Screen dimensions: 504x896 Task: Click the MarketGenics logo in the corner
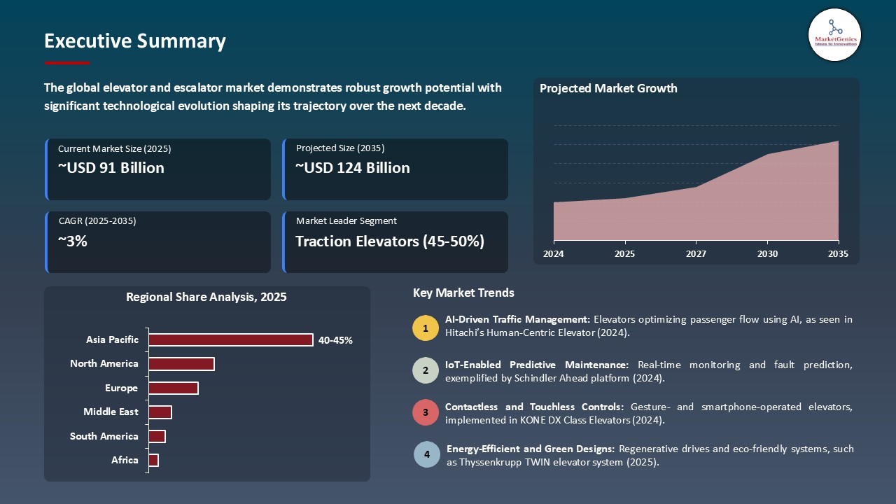coord(834,34)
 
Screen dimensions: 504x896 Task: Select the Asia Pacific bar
coord(231,339)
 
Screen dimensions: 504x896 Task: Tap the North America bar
coord(181,364)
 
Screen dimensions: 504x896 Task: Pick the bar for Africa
coord(154,460)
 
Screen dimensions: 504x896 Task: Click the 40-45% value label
coord(335,340)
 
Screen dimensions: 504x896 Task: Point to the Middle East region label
coord(111,412)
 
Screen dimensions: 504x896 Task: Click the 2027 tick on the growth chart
coord(696,254)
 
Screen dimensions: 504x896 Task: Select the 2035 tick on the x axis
coord(838,254)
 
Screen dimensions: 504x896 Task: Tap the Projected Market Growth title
coord(608,88)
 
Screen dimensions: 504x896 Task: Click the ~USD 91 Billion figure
coord(111,168)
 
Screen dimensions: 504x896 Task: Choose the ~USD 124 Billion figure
coord(353,168)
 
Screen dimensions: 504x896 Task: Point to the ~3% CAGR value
coord(73,241)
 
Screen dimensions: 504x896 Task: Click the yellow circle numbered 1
coord(425,328)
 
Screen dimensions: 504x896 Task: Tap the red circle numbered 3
coord(425,413)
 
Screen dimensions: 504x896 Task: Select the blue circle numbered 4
coord(427,454)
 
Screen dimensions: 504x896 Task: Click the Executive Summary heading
coord(135,41)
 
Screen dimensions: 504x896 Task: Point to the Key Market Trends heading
coord(463,293)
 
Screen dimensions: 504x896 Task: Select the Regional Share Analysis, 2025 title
coord(206,297)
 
